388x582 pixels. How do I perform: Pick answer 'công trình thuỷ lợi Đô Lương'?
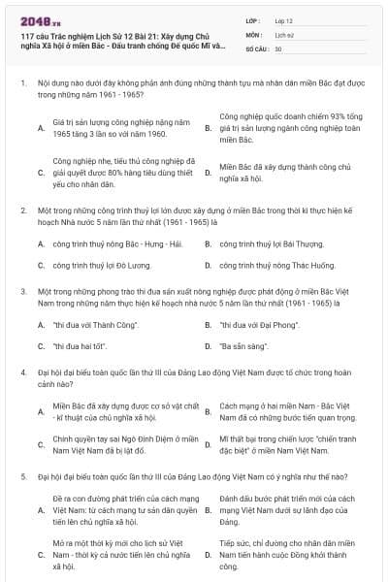click(102, 263)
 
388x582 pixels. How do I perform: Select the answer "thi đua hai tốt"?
click(80, 344)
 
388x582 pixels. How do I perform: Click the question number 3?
click(22, 290)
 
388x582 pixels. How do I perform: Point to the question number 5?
click(22, 477)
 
